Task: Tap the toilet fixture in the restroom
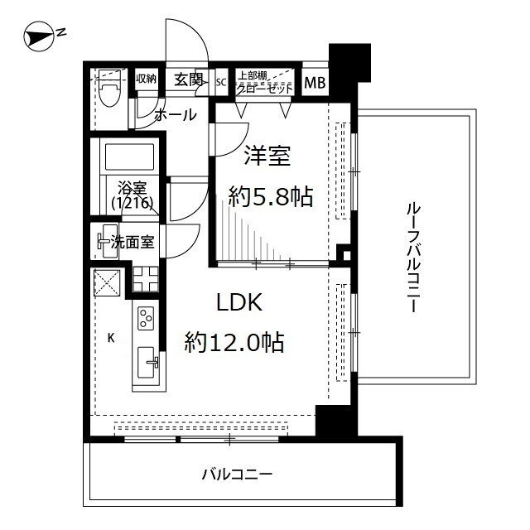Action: (x=108, y=94)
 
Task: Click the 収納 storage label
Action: (x=147, y=79)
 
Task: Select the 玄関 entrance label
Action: (x=189, y=79)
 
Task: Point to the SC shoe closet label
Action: (x=221, y=82)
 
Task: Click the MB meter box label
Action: (x=316, y=82)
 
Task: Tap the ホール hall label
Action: (x=176, y=115)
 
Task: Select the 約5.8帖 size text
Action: (x=271, y=196)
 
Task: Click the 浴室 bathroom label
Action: (x=131, y=186)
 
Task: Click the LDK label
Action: (x=239, y=303)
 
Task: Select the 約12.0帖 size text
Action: (x=234, y=340)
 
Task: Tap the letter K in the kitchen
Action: (x=110, y=337)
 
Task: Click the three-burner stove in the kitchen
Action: (x=146, y=318)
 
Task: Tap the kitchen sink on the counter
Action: (x=146, y=360)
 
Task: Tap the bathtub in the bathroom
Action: (x=128, y=157)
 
